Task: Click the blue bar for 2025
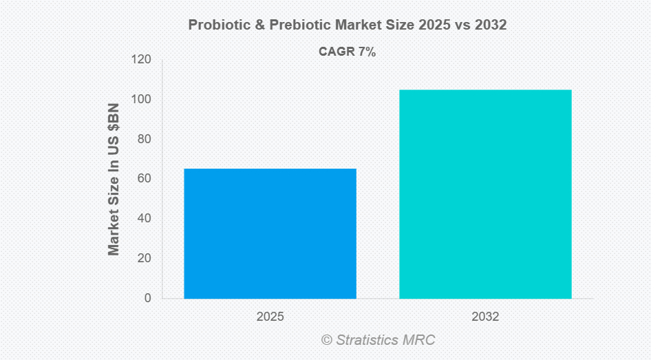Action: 270,233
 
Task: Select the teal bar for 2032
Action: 485,194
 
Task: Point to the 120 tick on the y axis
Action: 142,60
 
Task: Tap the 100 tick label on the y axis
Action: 142,100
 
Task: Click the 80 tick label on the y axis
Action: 145,139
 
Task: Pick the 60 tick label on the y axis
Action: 145,179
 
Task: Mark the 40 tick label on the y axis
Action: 145,219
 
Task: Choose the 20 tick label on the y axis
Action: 145,259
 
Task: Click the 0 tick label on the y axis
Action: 147,298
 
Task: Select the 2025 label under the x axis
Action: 270,317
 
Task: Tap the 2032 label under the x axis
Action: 485,317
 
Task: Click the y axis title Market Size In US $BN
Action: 114,179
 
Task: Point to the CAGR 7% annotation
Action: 347,52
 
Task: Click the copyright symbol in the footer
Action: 326,340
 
